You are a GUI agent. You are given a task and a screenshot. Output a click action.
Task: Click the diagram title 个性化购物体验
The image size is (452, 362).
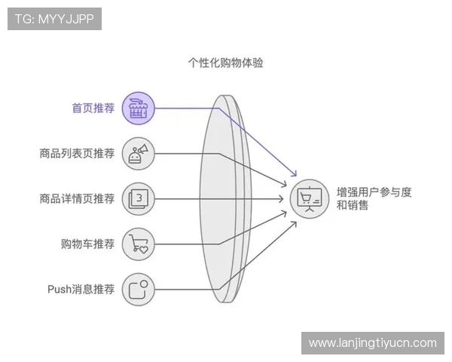(225, 63)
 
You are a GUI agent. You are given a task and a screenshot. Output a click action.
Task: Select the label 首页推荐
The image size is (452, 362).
(93, 109)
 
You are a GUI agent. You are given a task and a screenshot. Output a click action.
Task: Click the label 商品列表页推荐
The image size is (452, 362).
(77, 154)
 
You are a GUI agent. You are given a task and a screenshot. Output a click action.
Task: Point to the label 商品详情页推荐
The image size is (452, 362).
(77, 199)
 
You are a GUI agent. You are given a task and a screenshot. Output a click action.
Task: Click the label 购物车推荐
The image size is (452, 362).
(87, 244)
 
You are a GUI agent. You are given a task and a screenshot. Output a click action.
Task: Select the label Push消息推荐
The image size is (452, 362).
(81, 289)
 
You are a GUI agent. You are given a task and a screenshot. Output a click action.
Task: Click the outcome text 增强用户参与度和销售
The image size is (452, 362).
(374, 198)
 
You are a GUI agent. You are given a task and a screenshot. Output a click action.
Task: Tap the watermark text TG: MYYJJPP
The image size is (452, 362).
(54, 19)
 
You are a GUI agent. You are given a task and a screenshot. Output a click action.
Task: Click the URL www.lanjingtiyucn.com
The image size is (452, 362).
(373, 343)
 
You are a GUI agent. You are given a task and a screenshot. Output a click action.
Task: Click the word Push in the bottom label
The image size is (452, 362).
(59, 289)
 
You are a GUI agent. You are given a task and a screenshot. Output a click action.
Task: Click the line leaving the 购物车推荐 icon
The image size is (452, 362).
(181, 244)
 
